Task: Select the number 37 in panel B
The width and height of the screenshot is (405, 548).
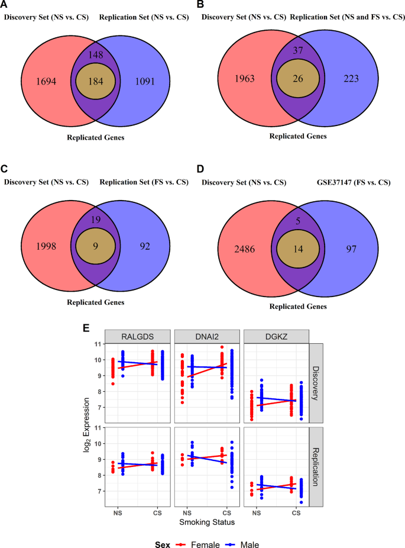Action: [298, 51]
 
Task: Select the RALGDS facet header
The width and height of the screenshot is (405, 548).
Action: [138, 336]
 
